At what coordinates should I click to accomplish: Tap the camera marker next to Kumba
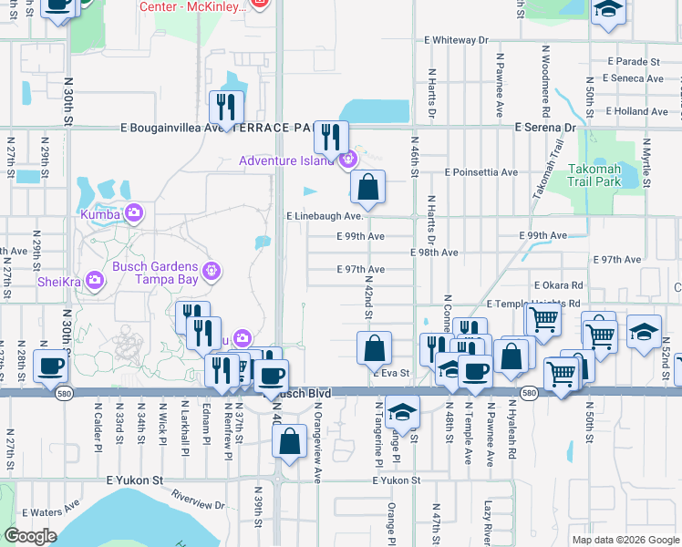(134, 212)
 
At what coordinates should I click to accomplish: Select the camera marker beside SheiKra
(95, 280)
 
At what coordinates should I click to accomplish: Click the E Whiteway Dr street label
(457, 41)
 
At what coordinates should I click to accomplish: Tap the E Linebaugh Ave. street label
(325, 217)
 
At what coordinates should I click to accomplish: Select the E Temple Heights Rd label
(534, 303)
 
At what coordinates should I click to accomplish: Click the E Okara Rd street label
(559, 285)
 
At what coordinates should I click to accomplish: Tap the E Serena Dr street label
(545, 129)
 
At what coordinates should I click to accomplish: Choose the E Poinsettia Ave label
(480, 171)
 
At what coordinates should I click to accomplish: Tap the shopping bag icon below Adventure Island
(368, 187)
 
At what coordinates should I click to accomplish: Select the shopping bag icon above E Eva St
(375, 347)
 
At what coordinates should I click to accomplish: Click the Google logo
(31, 536)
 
